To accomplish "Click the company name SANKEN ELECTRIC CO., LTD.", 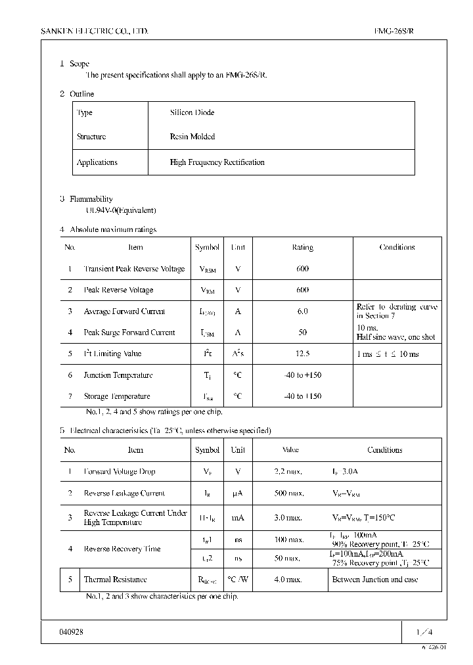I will click(x=95, y=31).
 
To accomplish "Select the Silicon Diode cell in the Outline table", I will click(x=192, y=112).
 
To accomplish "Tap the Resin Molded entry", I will click(x=192, y=137).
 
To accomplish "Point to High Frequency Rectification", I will click(x=217, y=162).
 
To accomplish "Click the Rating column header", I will click(x=302, y=248).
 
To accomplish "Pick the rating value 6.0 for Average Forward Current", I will click(x=302, y=311).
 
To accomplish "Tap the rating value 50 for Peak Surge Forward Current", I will click(x=302, y=332).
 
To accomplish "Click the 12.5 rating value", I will click(x=302, y=354).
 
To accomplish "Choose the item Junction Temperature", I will click(x=118, y=375).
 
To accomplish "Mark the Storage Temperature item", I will click(x=117, y=396).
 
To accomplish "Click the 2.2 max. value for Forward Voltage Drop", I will click(x=288, y=472).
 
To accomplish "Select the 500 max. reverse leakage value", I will click(x=289, y=493).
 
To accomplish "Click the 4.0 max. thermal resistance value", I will click(x=288, y=580).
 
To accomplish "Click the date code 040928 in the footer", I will click(x=71, y=631).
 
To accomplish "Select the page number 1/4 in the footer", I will click(x=424, y=631).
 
